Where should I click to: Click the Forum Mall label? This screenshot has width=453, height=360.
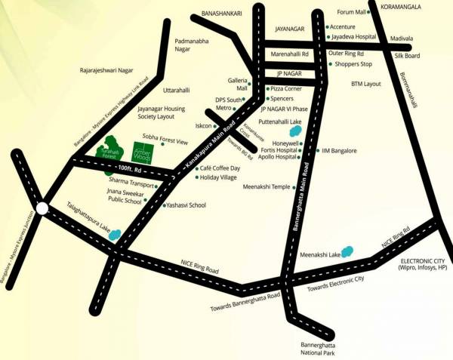(350, 12)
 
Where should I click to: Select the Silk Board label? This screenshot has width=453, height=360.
(407, 56)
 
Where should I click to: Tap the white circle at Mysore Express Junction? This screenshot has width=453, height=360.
(43, 208)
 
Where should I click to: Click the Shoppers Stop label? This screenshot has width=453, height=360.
(353, 65)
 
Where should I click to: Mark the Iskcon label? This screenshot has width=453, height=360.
(204, 125)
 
